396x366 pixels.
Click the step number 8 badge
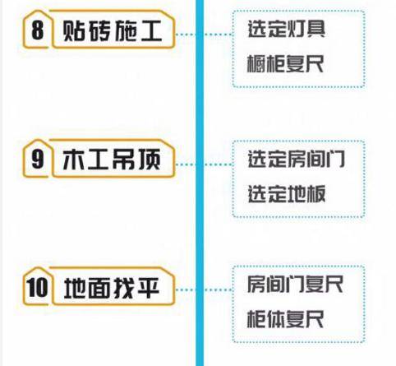click(x=38, y=30)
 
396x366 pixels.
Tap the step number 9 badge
click(x=38, y=160)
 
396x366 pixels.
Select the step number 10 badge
click(x=37, y=287)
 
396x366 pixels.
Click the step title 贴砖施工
click(x=113, y=30)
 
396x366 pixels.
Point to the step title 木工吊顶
click(x=112, y=160)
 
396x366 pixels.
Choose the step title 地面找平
click(x=112, y=288)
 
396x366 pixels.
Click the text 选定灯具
click(x=287, y=29)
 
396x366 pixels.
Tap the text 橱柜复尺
click(x=285, y=63)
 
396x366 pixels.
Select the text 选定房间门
click(x=296, y=159)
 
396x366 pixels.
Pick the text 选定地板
click(x=287, y=194)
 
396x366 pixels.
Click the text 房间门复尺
click(x=295, y=284)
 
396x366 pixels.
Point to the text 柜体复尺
click(x=285, y=319)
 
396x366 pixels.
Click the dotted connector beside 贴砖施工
click(x=204, y=35)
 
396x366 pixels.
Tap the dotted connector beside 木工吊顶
click(x=204, y=164)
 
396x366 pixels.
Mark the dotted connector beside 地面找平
click(x=204, y=290)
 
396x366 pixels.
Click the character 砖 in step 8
click(x=99, y=30)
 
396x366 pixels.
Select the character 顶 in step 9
click(x=150, y=160)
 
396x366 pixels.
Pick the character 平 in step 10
click(x=149, y=288)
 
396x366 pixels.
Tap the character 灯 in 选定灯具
click(x=296, y=29)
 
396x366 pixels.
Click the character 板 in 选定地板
click(x=316, y=194)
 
